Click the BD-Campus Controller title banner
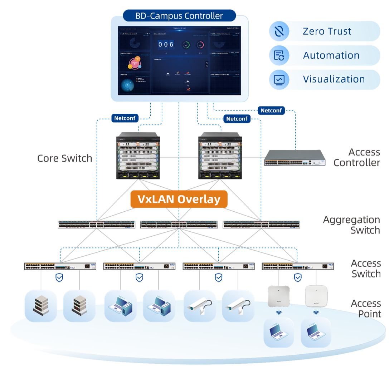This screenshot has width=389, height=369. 179,16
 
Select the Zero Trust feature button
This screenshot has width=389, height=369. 324,31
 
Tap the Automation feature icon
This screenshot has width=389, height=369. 279,55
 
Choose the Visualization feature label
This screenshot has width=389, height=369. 334,79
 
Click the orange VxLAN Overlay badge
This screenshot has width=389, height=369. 179,199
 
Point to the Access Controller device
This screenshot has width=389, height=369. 295,157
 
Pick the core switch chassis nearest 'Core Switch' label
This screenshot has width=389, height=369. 138,157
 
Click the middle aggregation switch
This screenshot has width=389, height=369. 179,224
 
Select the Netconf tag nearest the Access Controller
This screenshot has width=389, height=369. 271,110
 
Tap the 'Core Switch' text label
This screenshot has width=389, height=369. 65,158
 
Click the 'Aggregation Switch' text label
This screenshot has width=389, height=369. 351,225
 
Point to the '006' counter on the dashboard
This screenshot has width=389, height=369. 166,45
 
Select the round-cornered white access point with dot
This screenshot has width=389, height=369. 316,296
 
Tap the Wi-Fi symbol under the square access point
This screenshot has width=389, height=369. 279,313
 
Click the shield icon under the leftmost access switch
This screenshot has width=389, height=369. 59,277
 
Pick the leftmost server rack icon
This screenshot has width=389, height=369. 41,306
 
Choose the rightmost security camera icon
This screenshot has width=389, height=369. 238,306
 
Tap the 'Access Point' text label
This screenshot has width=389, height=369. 366,309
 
